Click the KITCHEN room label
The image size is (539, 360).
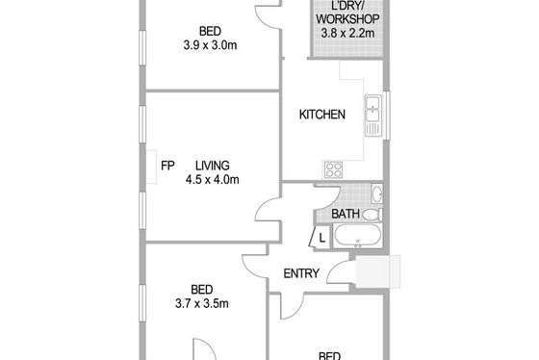(322, 115)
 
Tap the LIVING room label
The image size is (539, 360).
(213, 166)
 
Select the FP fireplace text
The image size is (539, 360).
(167, 166)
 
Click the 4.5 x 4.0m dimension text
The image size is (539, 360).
(213, 179)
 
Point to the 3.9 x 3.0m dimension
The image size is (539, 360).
(210, 45)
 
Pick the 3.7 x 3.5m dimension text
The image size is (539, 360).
(202, 303)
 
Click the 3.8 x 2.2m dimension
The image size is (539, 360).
(347, 34)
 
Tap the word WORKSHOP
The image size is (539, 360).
(347, 19)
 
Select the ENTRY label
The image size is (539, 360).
(301, 273)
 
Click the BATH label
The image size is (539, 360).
(346, 214)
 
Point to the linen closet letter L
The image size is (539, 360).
(322, 238)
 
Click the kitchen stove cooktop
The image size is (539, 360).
(333, 169)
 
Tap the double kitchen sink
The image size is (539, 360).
(373, 116)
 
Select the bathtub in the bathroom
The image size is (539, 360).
(357, 236)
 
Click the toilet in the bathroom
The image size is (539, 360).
(372, 215)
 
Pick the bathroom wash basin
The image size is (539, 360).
(377, 193)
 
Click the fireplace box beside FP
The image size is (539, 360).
(152, 167)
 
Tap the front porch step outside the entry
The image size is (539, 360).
(377, 271)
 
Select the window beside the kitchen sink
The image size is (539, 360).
(386, 116)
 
